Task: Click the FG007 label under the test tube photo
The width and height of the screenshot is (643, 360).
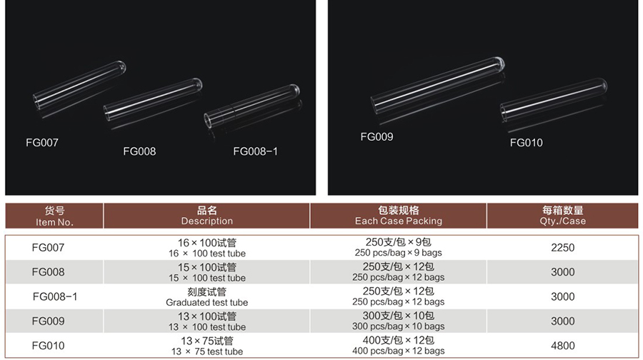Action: tap(42, 143)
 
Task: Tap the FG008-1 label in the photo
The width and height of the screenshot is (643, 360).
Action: tap(256, 151)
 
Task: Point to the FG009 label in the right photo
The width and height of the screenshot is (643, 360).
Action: tap(377, 137)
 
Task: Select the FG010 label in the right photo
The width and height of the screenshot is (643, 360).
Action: tap(526, 143)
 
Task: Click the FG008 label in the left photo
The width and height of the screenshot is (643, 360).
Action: tap(139, 151)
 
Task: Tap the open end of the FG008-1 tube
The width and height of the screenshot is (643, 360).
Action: tap(209, 120)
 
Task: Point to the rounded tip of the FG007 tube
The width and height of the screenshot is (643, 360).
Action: tap(121, 67)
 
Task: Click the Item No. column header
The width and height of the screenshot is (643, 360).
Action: tap(54, 216)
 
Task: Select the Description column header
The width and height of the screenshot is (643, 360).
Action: tap(207, 216)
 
